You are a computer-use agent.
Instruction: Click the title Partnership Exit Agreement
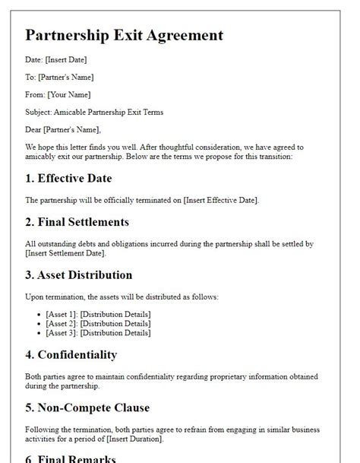(x=125, y=35)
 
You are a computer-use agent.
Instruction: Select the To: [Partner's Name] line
(x=59, y=77)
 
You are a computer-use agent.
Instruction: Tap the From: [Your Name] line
(x=58, y=95)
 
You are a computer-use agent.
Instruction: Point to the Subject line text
(x=94, y=113)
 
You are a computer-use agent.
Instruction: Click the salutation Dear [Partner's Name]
(x=63, y=130)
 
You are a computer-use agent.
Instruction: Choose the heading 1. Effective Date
(x=68, y=179)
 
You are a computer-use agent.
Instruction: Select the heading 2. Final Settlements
(x=77, y=222)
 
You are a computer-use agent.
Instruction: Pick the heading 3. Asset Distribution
(x=79, y=274)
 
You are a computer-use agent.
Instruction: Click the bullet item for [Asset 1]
(x=98, y=314)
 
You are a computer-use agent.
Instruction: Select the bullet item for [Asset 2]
(x=98, y=323)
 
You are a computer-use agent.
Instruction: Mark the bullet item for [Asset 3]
(x=98, y=332)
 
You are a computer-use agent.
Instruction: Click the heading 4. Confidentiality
(x=71, y=354)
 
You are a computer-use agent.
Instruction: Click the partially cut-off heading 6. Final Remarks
(x=71, y=458)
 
